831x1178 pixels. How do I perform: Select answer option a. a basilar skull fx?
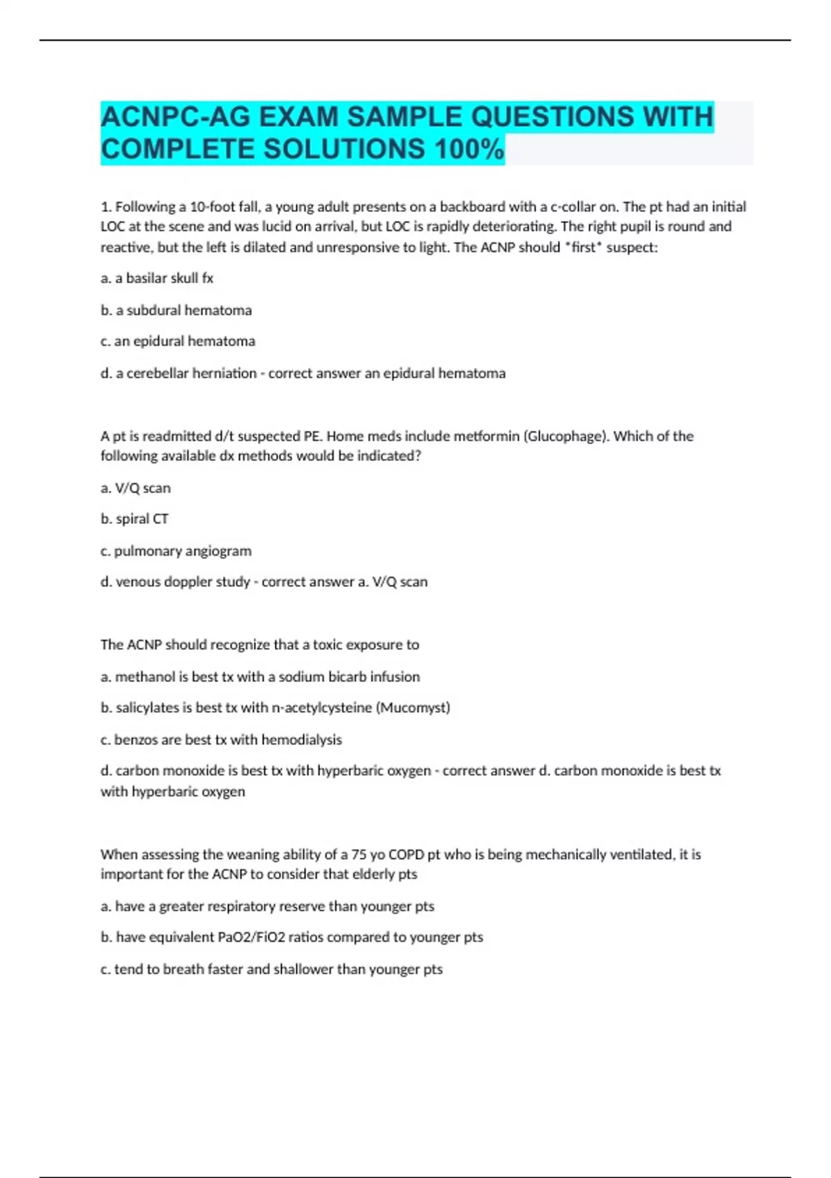(x=157, y=278)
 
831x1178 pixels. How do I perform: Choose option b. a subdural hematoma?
(x=176, y=310)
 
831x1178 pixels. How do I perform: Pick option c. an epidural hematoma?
(x=178, y=341)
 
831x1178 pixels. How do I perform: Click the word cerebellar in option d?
(x=155, y=373)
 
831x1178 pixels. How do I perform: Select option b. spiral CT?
(x=134, y=518)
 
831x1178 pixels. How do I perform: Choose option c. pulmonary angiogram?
(x=176, y=550)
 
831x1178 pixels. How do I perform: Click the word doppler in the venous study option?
(x=184, y=581)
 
